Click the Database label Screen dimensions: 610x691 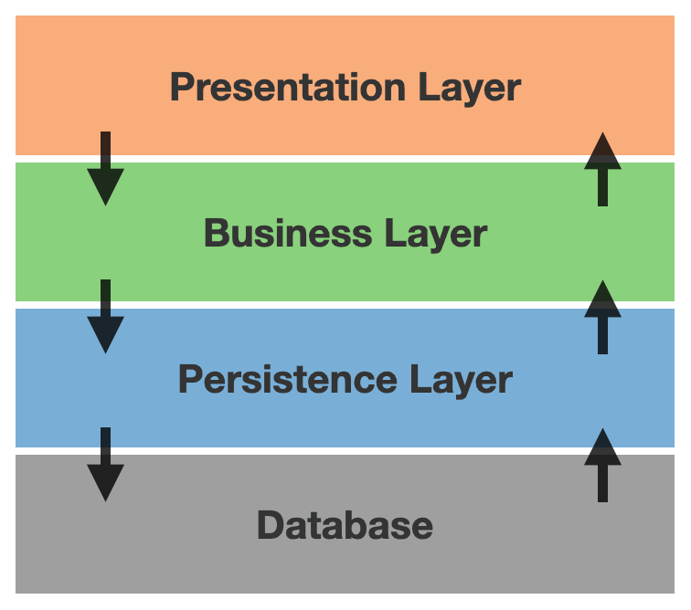(345, 525)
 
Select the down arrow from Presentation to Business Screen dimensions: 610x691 (106, 168)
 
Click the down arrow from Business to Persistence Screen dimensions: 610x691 (106, 316)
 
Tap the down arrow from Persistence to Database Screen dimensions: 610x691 (106, 464)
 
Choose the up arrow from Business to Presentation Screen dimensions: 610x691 (602, 169)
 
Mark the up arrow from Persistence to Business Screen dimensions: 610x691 (602, 317)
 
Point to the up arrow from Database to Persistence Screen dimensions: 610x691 (602, 465)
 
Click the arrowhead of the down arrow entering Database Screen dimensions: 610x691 (106, 483)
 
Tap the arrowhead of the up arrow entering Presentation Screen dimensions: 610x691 (602, 151)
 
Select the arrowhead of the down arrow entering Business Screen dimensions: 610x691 (106, 187)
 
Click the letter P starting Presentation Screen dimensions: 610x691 (183, 88)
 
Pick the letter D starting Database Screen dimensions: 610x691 (270, 525)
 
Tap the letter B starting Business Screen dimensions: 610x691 (217, 234)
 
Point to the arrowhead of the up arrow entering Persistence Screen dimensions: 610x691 (602, 447)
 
